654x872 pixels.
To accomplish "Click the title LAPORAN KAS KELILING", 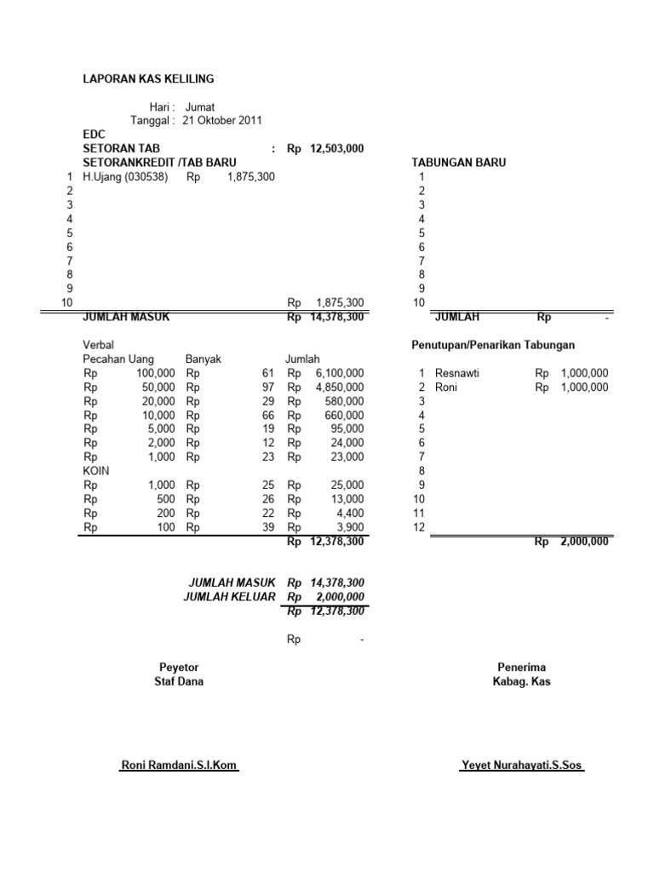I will click(147, 79).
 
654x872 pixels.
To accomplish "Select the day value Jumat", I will click(200, 106).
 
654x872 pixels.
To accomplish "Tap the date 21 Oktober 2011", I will click(221, 120).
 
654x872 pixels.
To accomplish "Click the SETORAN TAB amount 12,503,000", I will click(336, 148).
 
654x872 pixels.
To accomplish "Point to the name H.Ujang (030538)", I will click(125, 176).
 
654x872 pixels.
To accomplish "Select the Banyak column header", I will click(203, 359).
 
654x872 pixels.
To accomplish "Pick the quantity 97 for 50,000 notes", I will click(269, 387).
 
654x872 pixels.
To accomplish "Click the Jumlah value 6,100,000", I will click(338, 373).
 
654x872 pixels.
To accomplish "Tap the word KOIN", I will click(95, 471).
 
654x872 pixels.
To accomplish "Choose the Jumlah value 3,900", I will click(349, 527).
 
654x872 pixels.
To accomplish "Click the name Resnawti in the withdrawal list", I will click(456, 373).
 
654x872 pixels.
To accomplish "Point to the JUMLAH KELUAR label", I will click(229, 596).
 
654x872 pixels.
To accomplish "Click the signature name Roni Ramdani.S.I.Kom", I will click(179, 766).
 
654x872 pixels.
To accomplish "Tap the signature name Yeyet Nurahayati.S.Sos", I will click(522, 766).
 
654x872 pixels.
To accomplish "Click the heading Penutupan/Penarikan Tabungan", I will click(492, 345).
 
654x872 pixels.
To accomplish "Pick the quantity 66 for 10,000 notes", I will click(269, 415).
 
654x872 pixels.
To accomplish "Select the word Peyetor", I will click(179, 667).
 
